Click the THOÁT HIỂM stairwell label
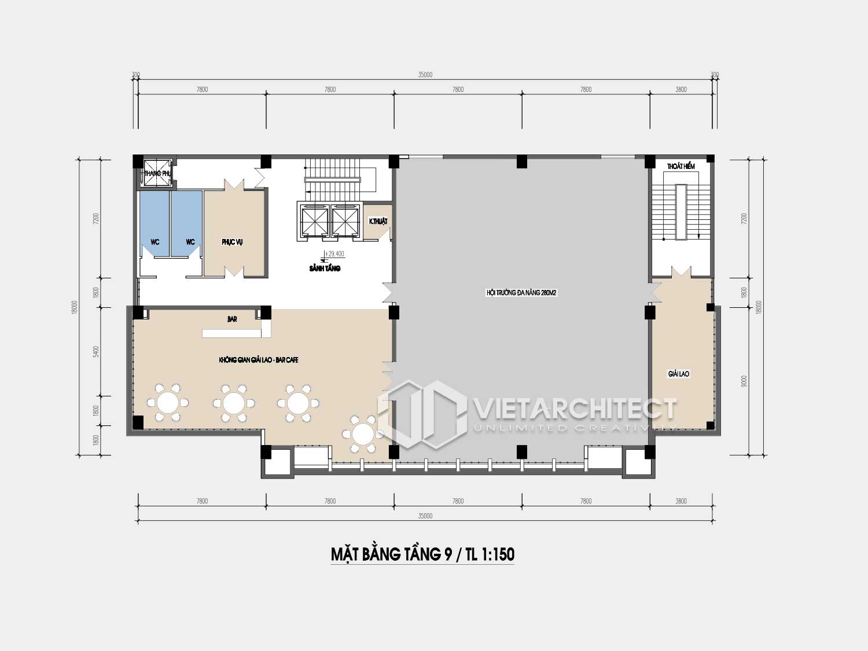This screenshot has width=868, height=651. [681, 167]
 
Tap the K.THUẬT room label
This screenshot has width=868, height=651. [378, 222]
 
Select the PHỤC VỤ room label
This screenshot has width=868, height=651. [232, 242]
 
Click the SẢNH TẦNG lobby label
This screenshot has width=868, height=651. [325, 269]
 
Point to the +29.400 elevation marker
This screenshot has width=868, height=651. [334, 253]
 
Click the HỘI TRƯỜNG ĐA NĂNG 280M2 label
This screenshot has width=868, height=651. [521, 293]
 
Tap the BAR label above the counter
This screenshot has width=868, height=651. [232, 319]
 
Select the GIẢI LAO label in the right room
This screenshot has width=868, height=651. [679, 374]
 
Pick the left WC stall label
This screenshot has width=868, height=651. [155, 242]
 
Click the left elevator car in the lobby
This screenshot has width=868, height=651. [313, 221]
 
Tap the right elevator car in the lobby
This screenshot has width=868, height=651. [345, 221]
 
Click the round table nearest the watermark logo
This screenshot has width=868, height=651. [362, 433]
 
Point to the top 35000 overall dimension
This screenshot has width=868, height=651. [425, 75]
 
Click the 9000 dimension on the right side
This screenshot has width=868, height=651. [744, 381]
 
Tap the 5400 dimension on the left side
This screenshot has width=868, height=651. [97, 351]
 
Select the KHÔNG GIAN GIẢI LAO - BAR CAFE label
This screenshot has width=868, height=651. [259, 360]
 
